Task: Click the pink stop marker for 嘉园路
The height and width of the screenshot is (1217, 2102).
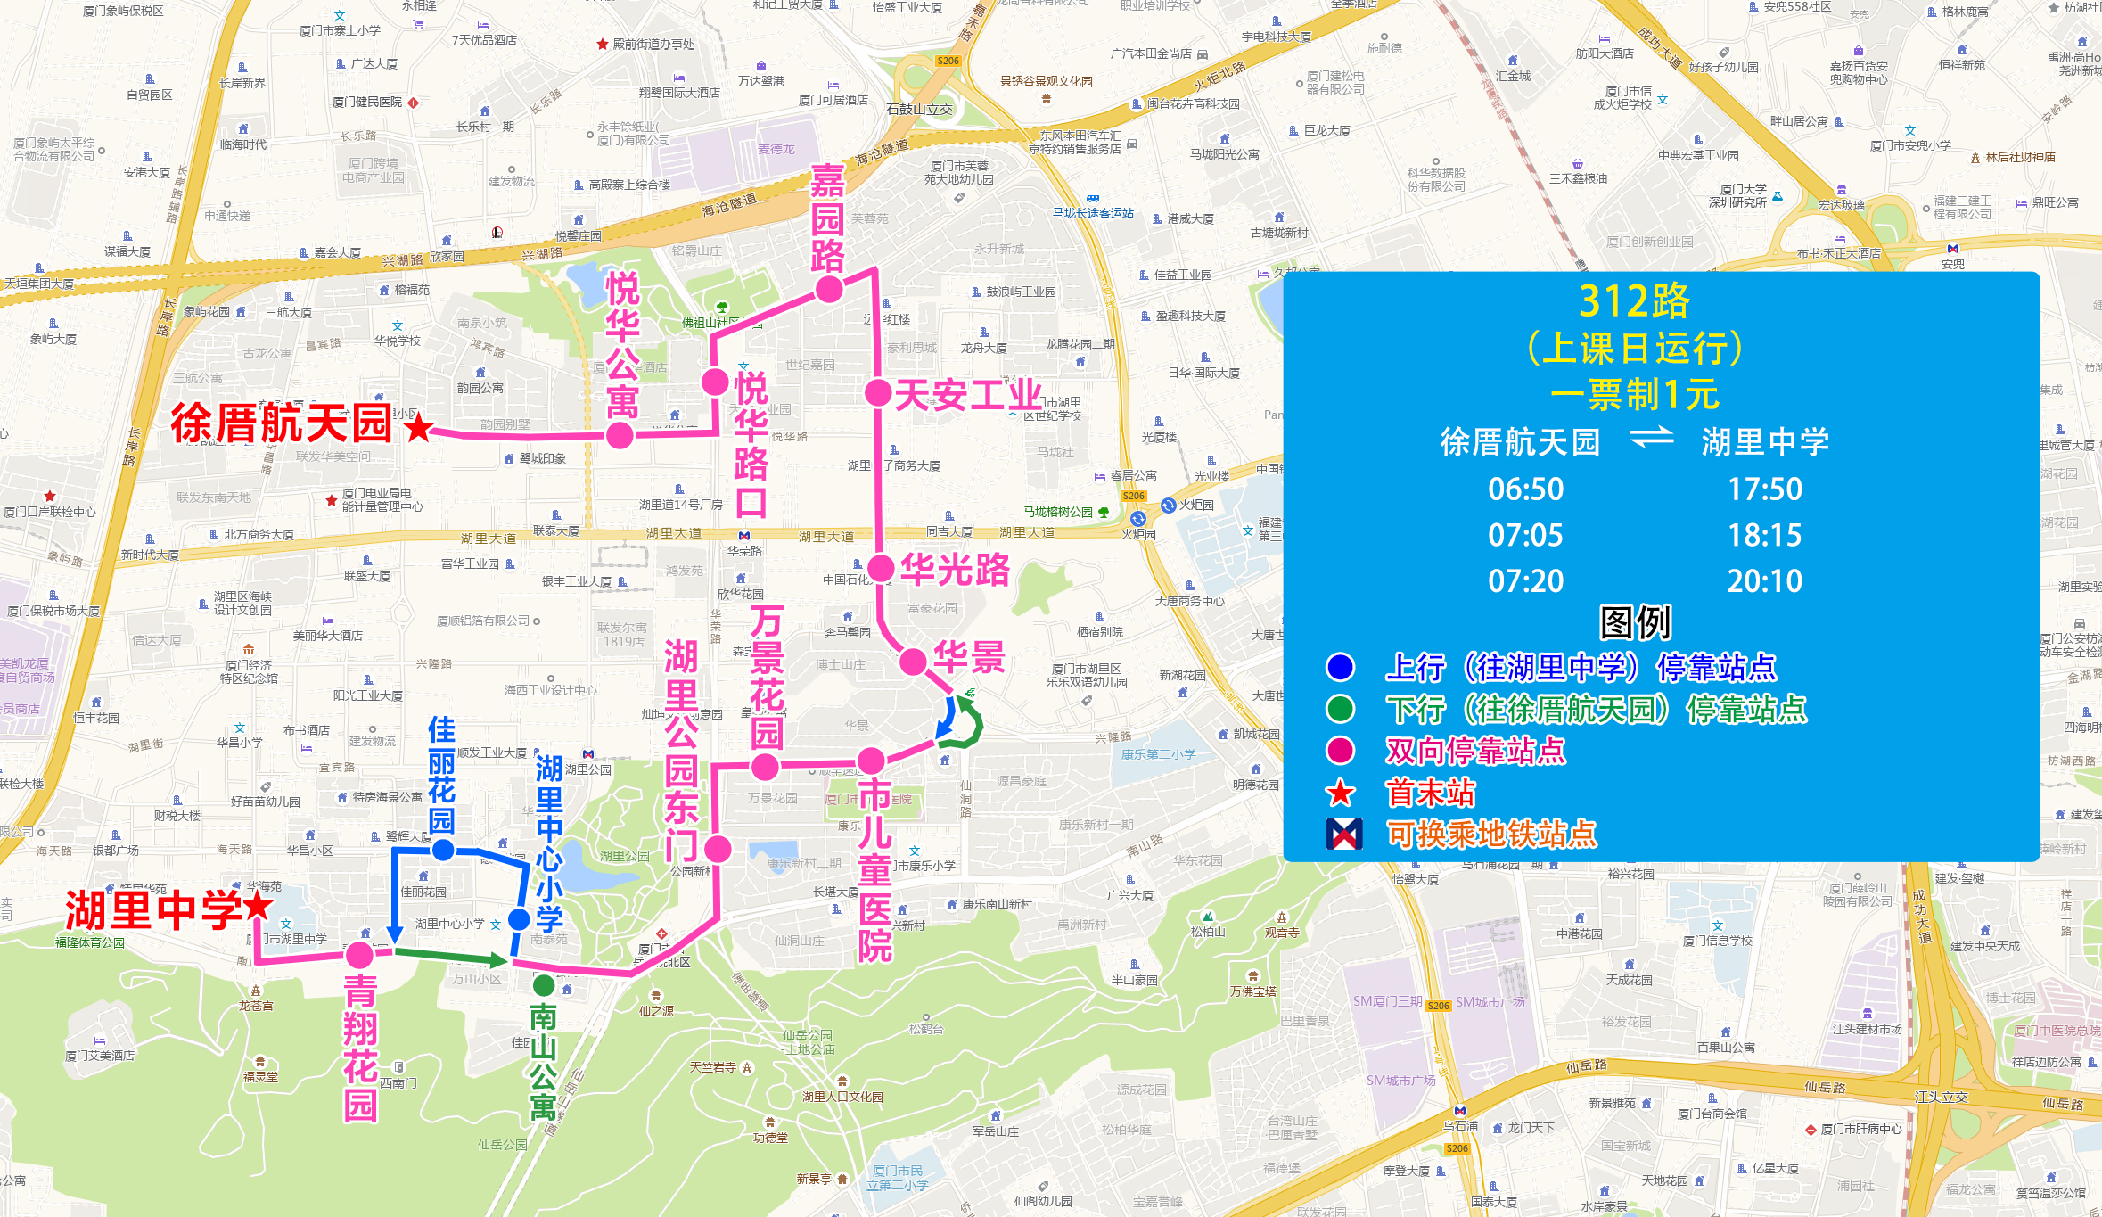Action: point(829,289)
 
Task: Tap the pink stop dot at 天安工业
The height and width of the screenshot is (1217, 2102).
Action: point(878,392)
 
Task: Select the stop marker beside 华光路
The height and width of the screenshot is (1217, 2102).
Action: point(881,568)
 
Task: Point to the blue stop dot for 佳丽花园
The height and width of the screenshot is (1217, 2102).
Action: point(443,850)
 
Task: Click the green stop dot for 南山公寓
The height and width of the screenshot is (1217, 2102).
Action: point(544,986)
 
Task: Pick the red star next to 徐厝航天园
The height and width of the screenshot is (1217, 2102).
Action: point(418,428)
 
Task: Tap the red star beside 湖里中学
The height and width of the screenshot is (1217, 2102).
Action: point(258,907)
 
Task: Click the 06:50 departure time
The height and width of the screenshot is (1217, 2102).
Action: point(1525,489)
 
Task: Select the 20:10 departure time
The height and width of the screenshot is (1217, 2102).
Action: point(1764,581)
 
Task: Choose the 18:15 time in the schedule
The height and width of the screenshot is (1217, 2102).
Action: point(1764,535)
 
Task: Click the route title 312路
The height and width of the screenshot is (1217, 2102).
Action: point(1634,301)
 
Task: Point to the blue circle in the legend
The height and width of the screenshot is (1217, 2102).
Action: point(1340,667)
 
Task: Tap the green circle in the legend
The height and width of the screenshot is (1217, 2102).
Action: point(1340,709)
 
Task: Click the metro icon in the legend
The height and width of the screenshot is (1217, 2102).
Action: point(1343,835)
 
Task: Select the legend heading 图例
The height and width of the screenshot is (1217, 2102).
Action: point(1635,622)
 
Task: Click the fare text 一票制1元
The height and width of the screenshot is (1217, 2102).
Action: point(1634,394)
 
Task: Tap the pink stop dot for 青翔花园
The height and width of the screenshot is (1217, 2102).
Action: point(359,955)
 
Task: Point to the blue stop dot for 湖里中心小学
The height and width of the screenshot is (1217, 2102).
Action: point(519,919)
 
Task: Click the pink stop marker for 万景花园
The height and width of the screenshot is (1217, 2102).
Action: point(765,767)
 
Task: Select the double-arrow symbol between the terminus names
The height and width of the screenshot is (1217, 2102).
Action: point(1651,440)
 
